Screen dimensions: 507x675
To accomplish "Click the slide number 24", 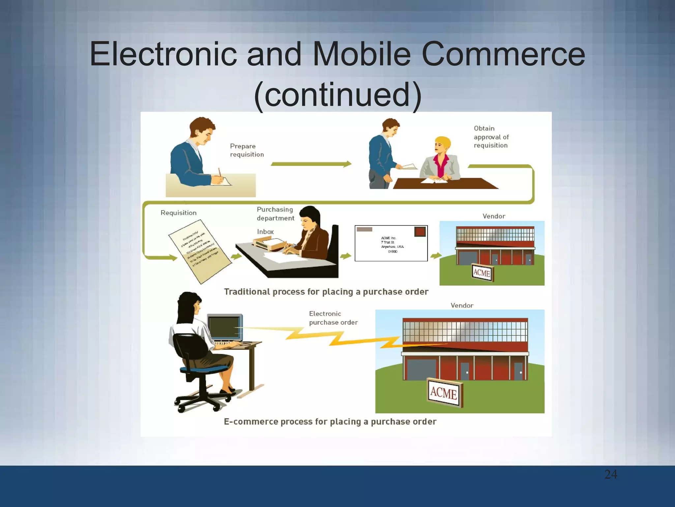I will (x=611, y=474).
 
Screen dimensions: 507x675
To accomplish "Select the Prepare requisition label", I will (x=247, y=150).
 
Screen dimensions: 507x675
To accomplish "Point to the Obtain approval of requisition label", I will (x=491, y=137).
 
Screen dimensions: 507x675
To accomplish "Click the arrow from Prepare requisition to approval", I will (x=311, y=164).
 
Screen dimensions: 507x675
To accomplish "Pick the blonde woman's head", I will (x=442, y=145).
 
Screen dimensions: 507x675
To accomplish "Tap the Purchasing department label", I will (x=275, y=214).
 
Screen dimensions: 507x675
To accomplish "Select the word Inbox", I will (x=265, y=232).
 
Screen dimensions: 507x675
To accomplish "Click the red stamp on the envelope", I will (x=420, y=231).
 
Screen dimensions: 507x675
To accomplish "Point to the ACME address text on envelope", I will (x=392, y=245).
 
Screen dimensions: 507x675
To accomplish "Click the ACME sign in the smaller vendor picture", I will (x=482, y=273).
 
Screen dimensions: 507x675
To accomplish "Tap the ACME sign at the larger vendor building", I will (x=444, y=393).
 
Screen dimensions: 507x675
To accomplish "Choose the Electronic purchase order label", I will (x=333, y=318).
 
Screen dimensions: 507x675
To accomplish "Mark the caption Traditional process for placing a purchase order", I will (x=326, y=292).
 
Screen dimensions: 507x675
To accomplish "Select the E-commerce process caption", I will (x=330, y=422).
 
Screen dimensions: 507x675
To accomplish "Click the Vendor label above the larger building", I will (x=462, y=305).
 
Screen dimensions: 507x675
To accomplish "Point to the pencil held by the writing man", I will (x=220, y=173).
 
